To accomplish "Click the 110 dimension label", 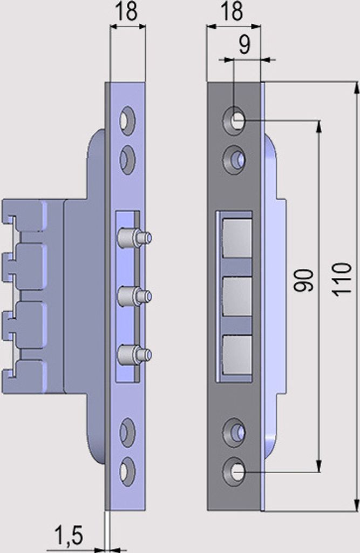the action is pos(342,279).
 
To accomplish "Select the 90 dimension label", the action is pos(303,281).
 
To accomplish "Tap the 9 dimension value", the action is pos(244,45).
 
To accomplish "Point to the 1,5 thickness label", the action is pos(69,535).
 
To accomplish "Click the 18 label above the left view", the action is pos(126,12).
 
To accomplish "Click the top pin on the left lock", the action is pos(135,237).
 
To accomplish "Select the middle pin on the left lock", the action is pos(135,295).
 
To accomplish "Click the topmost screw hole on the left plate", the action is pos(127,121).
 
